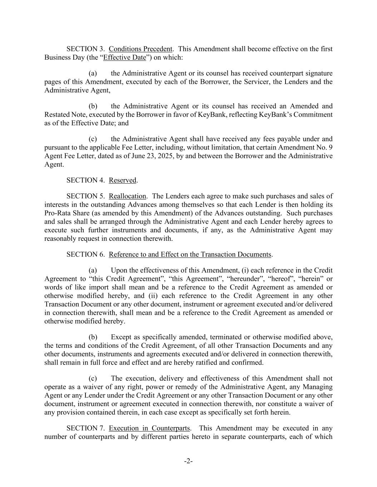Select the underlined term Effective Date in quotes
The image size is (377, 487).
coord(124,57)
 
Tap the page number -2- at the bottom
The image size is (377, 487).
coord(188,461)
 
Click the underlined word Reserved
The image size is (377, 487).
coord(123,180)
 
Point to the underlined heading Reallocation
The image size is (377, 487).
coord(128,196)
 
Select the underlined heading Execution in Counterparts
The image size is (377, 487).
coord(150,428)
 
